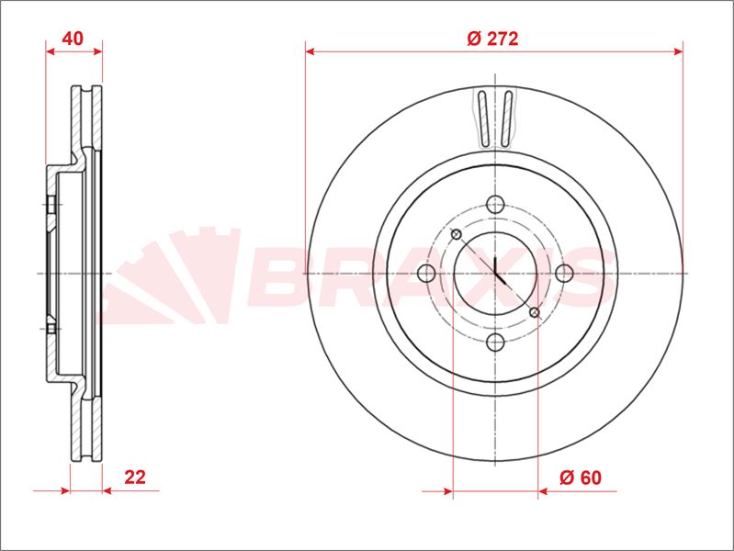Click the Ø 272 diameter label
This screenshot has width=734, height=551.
coord(493,39)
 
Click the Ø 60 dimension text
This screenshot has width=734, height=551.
coord(581,477)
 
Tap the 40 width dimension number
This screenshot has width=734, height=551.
coord(73,39)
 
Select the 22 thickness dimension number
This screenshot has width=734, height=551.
coord(135,477)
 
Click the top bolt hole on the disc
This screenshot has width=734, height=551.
coord(495,204)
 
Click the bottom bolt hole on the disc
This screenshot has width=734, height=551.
coord(495,343)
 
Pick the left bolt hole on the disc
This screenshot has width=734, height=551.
coord(426,273)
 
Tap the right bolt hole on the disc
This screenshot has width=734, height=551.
coord(564,273)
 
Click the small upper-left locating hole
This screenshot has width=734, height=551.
coord(456,234)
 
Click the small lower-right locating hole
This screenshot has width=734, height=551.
coord(535,312)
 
